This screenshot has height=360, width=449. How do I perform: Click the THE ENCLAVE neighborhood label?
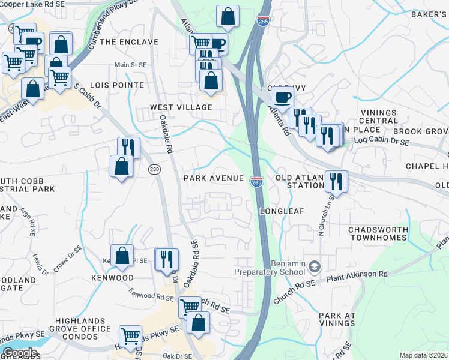(x=129, y=42)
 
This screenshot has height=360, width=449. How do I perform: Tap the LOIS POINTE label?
(x=117, y=85)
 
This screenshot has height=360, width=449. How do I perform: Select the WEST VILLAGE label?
(x=181, y=107)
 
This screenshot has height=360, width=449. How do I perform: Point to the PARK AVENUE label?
(x=214, y=178)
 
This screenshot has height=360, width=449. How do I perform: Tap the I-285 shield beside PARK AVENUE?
(x=256, y=181)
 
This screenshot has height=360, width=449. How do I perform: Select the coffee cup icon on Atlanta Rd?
(x=282, y=97)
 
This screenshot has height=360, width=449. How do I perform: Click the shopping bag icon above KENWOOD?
(x=122, y=256)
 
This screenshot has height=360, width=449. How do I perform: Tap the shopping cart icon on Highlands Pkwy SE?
(x=130, y=337)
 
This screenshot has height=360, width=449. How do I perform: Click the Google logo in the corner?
(x=19, y=353)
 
